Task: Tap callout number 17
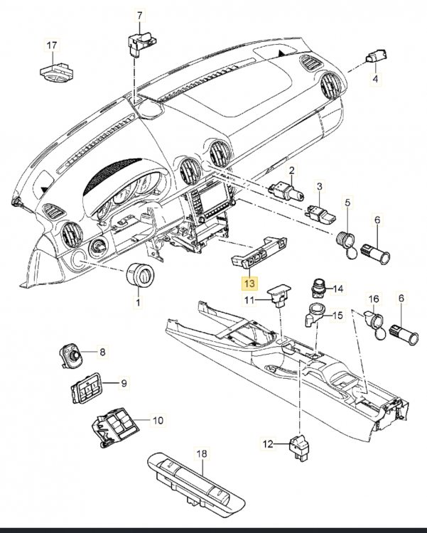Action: coord(51,46)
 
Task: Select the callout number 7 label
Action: coord(139,16)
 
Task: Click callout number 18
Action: coord(200,453)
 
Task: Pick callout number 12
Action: coord(268,444)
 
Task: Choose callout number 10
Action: coord(158,420)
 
